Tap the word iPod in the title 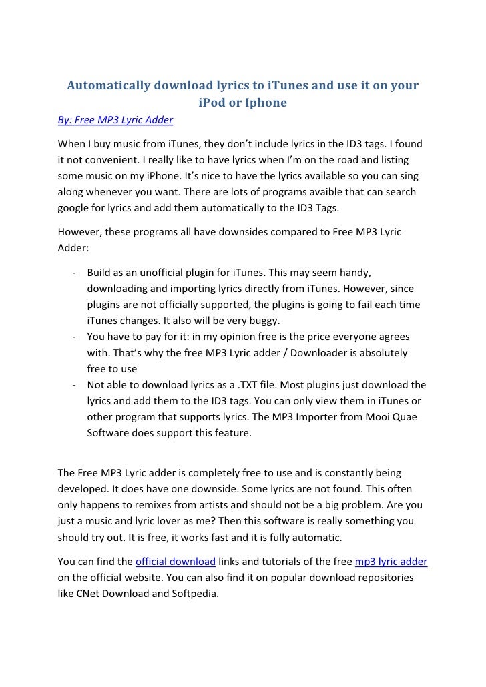coord(212,103)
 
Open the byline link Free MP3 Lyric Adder coord(116,121)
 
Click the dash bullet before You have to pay coord(71,336)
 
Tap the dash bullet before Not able coord(71,384)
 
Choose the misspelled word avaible coord(326,192)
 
